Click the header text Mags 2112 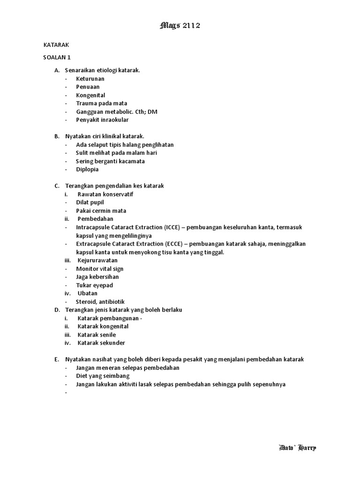pos(180,26)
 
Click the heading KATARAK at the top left pos(56,45)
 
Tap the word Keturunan pos(90,79)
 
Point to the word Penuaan pos(88,87)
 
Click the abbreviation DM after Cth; pos(152,112)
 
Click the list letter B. pos(56,136)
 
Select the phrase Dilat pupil pos(90,202)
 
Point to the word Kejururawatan pos(97,260)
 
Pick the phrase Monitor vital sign pos(100,269)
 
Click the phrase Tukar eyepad pos(95,285)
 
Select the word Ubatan pos(88,293)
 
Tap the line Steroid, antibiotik pos(100,302)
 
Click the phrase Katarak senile pos(97,335)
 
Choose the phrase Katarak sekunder pos(101,343)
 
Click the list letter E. pos(56,360)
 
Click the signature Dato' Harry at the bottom pos(297,448)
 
